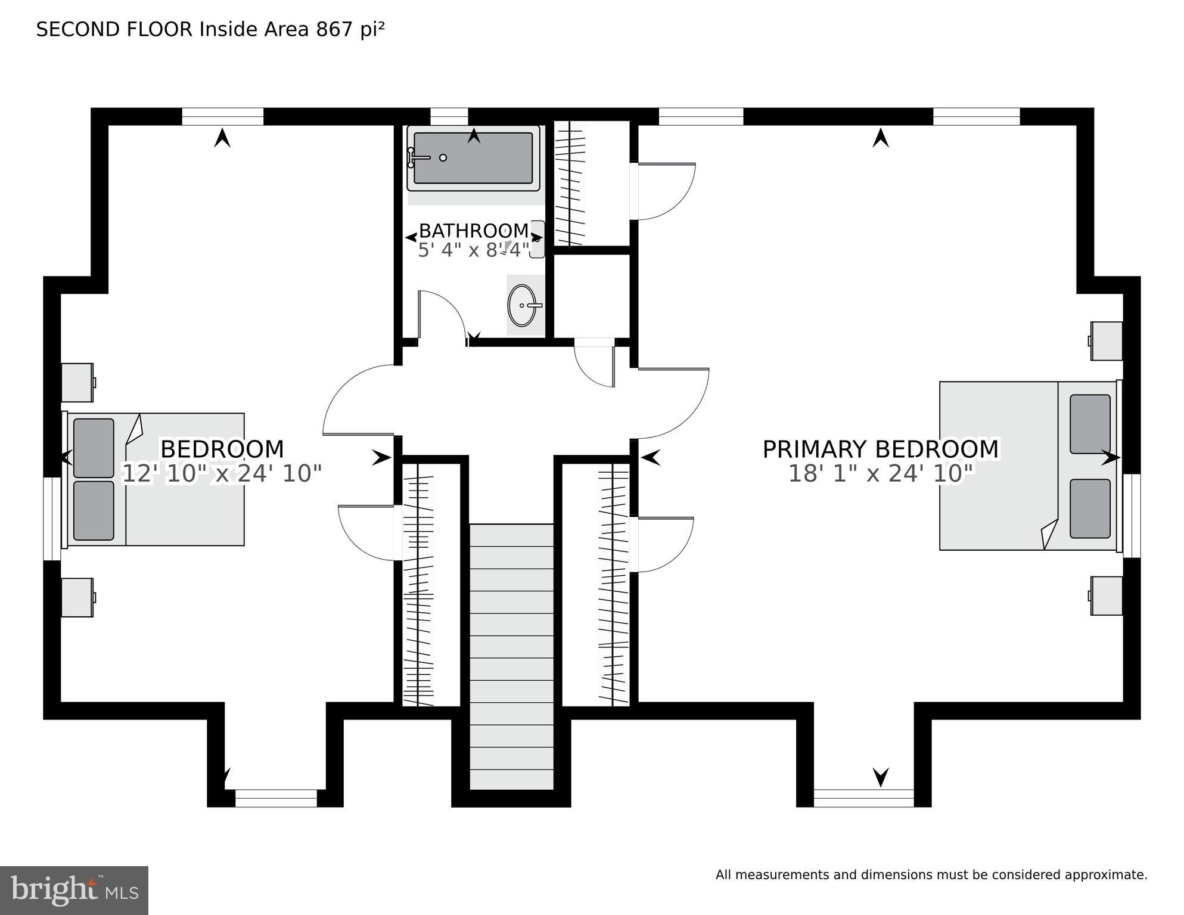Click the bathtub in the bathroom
coord(473,159)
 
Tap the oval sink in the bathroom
coord(523,305)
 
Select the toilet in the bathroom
coord(537,238)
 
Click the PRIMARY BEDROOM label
coord(880,449)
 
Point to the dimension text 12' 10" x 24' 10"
coord(222,474)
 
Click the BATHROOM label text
coord(473,231)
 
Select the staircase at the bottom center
coord(511,656)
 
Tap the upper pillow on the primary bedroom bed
coord(1090,424)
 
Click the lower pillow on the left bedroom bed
coord(94,510)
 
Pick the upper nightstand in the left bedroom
coord(77,382)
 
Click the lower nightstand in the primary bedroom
coord(1107,595)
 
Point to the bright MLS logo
coord(74,890)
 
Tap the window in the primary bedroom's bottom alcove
coord(863,798)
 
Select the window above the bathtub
coord(449,116)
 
